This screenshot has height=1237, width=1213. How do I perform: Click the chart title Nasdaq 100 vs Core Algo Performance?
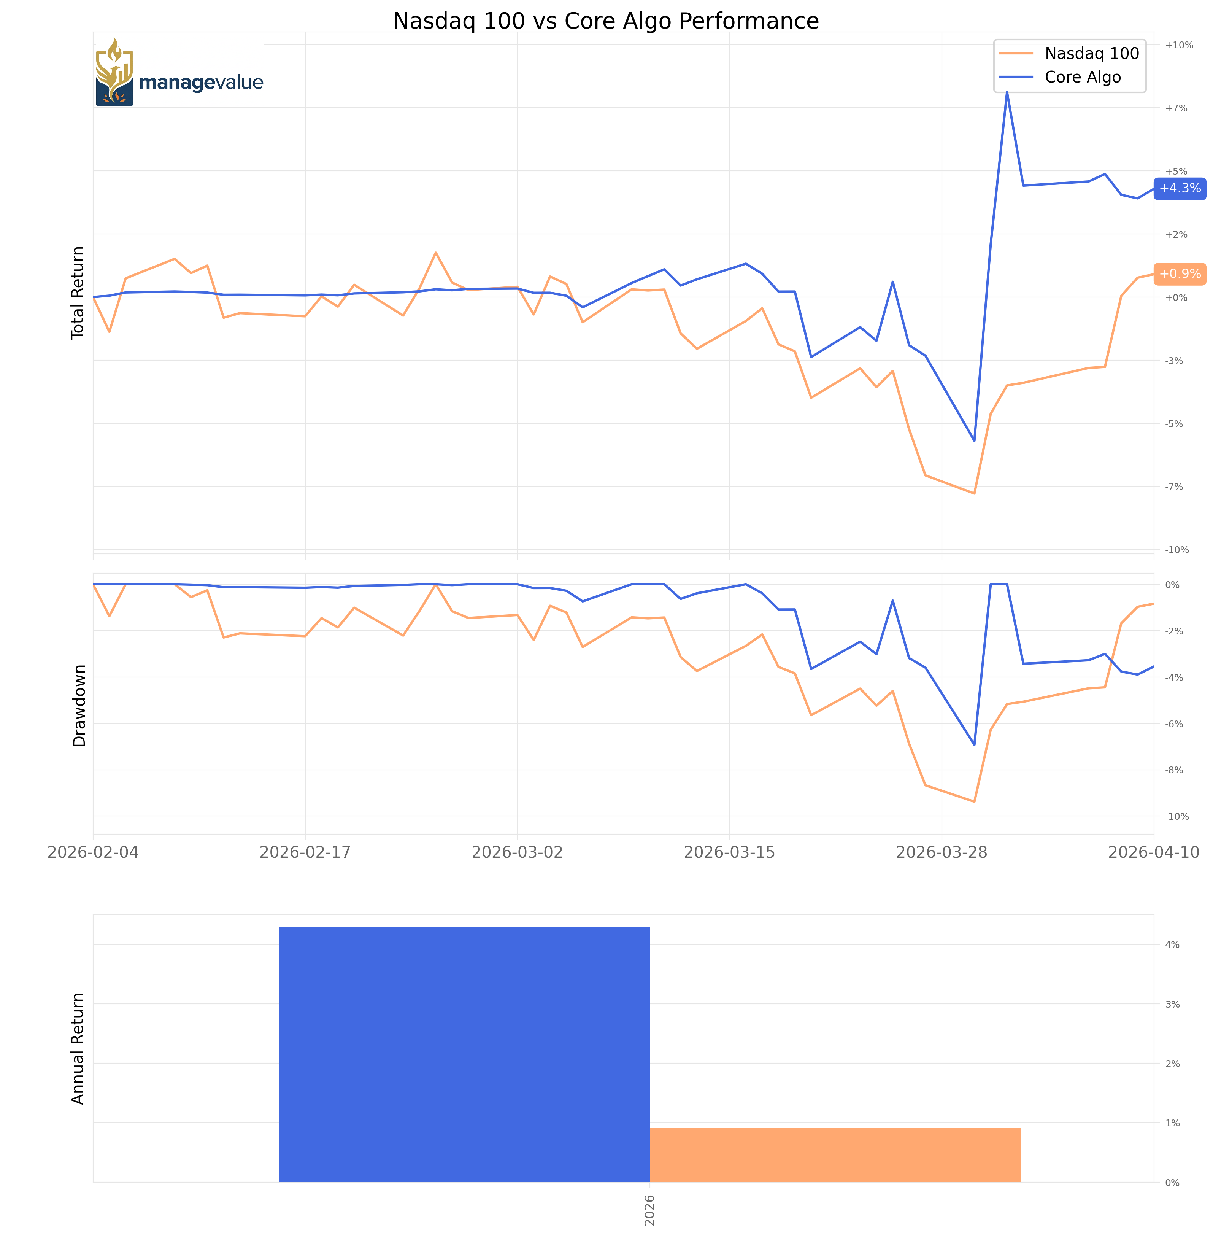606,21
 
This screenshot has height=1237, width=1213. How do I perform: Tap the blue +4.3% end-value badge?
1180,189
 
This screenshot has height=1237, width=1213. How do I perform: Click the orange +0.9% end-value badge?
1180,274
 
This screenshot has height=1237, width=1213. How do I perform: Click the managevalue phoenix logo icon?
115,72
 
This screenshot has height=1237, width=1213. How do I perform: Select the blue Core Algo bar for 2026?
464,1055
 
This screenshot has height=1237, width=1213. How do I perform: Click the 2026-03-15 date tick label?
729,853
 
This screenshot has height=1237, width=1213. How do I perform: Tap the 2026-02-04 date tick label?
93,853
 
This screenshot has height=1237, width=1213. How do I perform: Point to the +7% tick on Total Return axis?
1176,108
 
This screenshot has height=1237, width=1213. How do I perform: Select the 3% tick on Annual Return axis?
1172,1004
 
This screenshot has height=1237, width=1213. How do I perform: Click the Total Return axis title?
78,293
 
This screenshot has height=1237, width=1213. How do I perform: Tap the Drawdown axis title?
79,706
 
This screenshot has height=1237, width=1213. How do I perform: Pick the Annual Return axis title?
78,1048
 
